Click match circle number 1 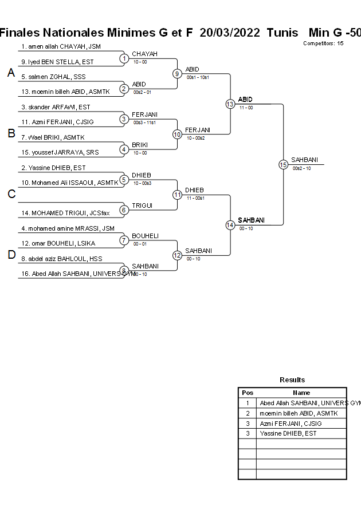tap(124, 58)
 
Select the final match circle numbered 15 tap(283, 164)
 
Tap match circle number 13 tap(230, 104)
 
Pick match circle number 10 tap(177, 134)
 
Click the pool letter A tap(11, 73)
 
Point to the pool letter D tap(11, 255)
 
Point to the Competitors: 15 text tap(323, 44)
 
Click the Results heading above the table tap(292, 380)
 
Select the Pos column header tap(248, 393)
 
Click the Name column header tap(301, 393)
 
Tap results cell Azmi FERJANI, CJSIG tap(291, 424)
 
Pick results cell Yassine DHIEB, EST tap(288, 434)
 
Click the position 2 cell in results tap(248, 413)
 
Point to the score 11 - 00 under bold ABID tap(246, 108)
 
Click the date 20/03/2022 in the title tap(230, 33)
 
